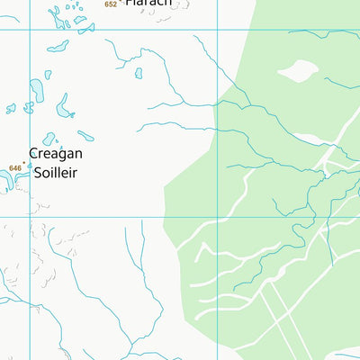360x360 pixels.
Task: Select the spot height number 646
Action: point(14,168)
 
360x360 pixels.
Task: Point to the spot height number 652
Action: point(111,4)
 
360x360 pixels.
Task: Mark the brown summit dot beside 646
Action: point(24,163)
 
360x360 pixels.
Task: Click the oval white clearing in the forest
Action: point(299,69)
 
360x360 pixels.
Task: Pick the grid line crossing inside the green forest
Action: point(218,216)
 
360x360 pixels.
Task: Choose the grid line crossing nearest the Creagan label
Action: point(31,216)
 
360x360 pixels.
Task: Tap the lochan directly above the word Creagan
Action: point(49,139)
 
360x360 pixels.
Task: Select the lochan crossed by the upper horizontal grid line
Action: point(58,45)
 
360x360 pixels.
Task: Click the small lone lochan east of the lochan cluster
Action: point(138,73)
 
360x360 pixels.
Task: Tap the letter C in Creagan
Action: point(34,154)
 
